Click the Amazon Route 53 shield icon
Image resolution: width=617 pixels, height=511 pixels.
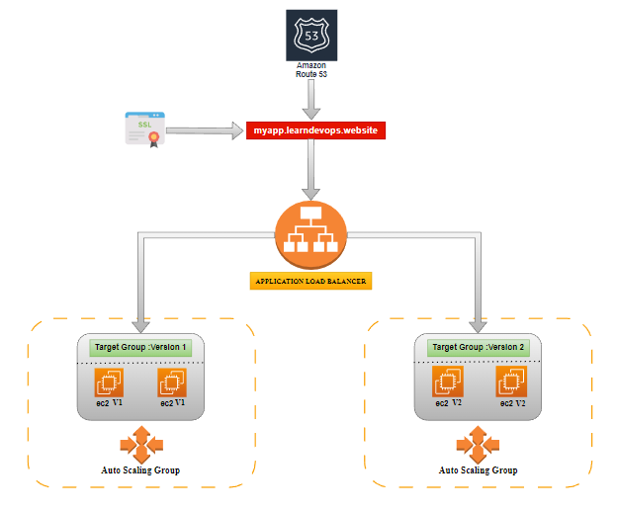(x=310, y=35)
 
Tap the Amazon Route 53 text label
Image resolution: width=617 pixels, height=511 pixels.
(x=310, y=69)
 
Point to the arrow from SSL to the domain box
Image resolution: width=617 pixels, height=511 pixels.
(x=212, y=129)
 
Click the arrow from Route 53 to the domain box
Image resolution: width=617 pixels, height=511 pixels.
(x=311, y=99)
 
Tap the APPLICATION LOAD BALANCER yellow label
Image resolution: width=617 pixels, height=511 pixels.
(x=310, y=281)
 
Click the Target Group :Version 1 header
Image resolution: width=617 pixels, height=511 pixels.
(x=139, y=348)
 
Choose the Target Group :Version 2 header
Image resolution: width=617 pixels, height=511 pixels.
(x=478, y=348)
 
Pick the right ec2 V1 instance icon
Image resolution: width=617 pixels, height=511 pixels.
(x=171, y=383)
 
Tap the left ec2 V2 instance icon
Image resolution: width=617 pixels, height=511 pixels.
(x=447, y=383)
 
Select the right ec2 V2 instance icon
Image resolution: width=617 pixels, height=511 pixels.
(x=510, y=383)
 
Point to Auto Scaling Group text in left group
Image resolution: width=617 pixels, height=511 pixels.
(x=139, y=469)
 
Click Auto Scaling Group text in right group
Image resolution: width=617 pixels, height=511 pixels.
(x=478, y=469)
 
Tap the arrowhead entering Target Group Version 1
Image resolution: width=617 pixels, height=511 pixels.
(x=141, y=325)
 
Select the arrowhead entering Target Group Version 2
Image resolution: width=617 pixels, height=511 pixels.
(x=480, y=325)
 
